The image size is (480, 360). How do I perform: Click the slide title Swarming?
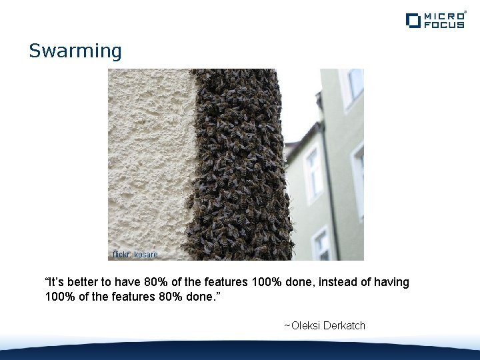click(75, 51)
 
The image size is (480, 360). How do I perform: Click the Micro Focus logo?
click(435, 20)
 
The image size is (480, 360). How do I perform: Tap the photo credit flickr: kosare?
click(135, 255)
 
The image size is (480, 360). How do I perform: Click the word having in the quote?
click(391, 282)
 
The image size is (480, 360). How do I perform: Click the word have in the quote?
click(125, 282)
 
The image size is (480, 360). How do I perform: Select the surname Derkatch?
click(345, 325)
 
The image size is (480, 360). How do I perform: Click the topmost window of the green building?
click(354, 83)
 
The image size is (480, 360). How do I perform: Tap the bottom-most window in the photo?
click(321, 245)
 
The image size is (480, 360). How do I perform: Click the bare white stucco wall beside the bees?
click(150, 153)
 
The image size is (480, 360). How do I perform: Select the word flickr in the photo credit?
click(121, 255)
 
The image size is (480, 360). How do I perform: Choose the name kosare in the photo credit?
click(146, 255)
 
